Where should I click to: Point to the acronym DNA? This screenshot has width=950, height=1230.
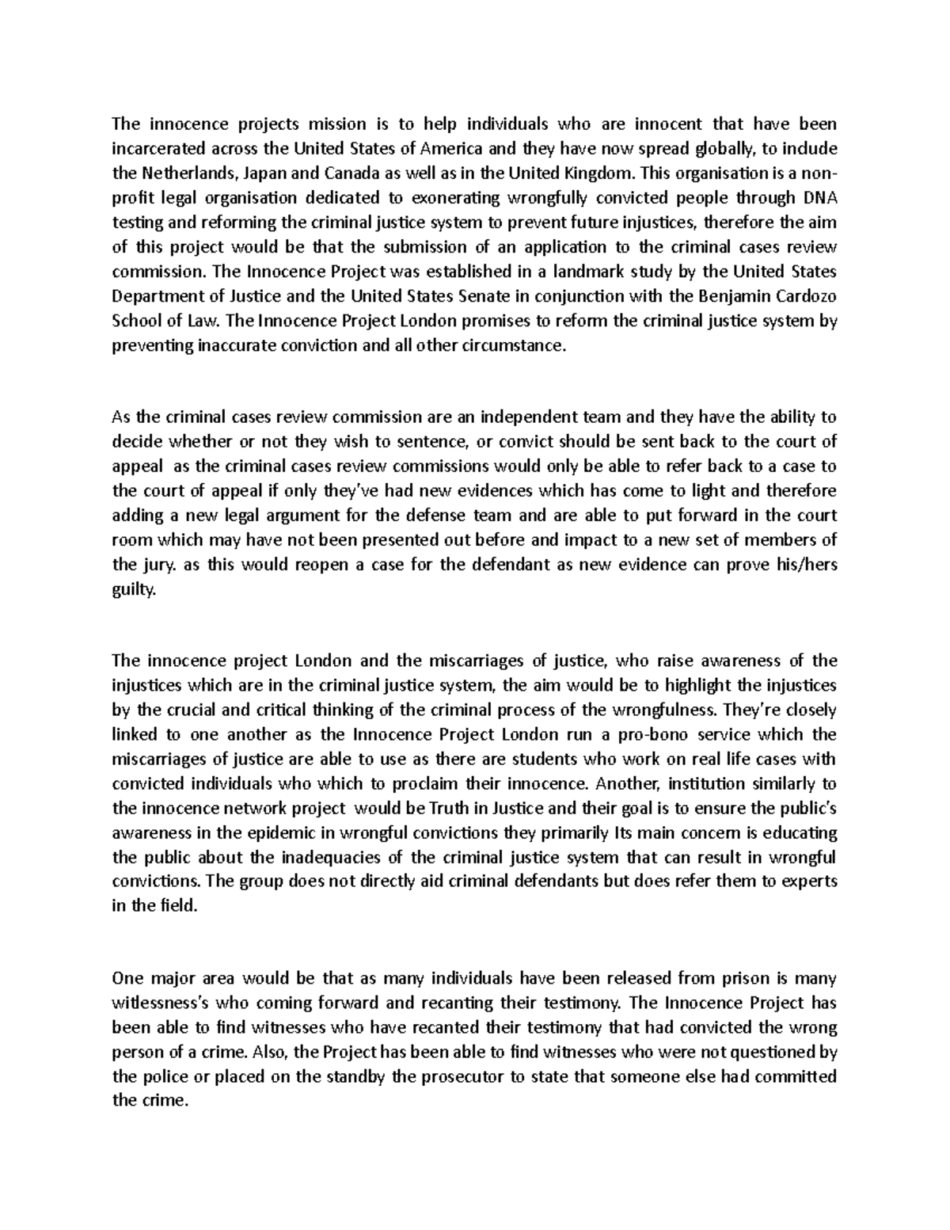(x=819, y=197)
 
